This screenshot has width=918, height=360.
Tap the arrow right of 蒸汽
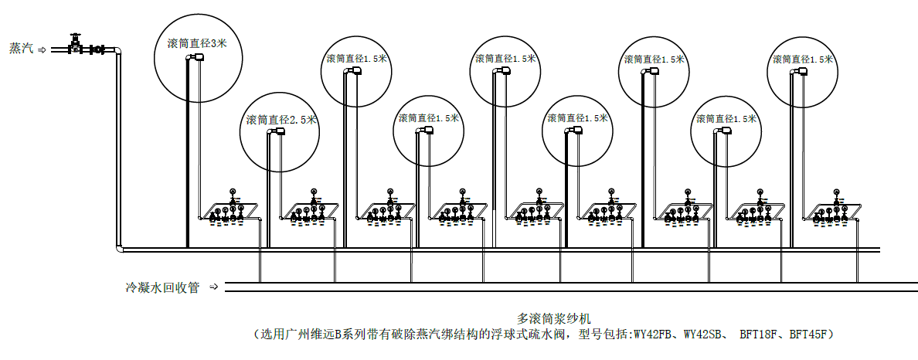42,49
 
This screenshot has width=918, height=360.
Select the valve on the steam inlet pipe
74,46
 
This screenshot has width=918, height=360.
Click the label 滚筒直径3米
197,44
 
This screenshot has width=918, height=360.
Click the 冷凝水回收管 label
163,287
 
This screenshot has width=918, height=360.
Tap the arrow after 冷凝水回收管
214,287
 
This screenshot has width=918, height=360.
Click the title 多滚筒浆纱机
555,319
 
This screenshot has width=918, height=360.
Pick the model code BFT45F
807,335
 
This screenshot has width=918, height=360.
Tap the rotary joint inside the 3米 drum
198,56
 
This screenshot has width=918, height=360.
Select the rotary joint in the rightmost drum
801,71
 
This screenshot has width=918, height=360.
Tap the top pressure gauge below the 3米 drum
233,192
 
